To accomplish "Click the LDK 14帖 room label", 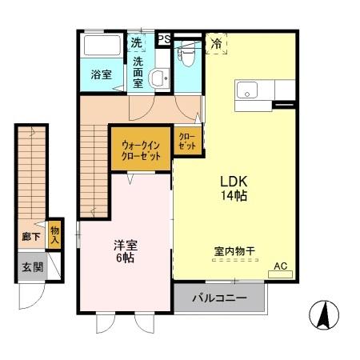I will click(234, 187).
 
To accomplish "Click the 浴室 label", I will click(100, 76).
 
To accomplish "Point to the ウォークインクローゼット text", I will click(141, 150).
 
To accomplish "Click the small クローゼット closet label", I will click(186, 142).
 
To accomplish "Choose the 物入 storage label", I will click(54, 234).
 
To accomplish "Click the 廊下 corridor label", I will click(30, 238).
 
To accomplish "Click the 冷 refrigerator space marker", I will click(217, 44).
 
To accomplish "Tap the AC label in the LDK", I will click(280, 266).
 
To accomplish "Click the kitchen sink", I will click(245, 88).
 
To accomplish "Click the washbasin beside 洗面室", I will click(158, 78).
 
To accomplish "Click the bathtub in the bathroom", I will click(102, 46).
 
